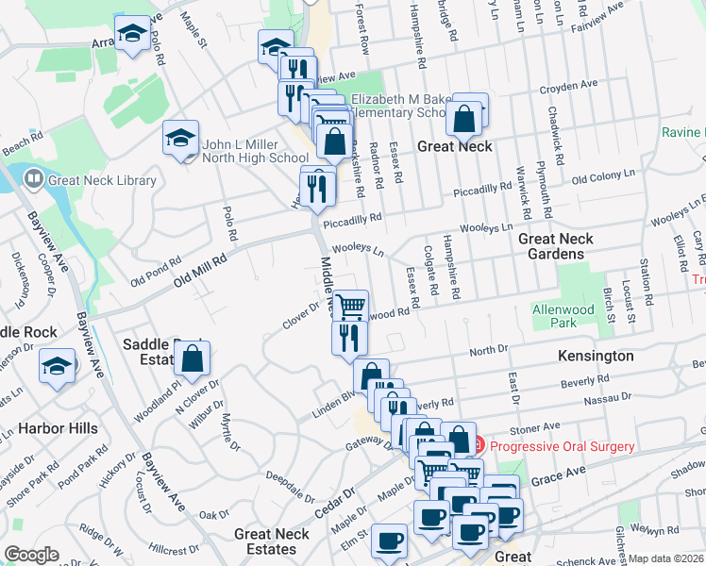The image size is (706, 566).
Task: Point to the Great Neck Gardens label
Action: point(556,246)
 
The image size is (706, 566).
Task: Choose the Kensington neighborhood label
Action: point(596,356)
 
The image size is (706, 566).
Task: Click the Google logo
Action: point(31,555)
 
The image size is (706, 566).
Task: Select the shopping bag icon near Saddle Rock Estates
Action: point(193,358)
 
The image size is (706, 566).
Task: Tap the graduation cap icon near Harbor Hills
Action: point(57,365)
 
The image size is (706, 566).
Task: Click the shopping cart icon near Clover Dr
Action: point(349,306)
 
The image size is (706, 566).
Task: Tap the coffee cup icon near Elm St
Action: point(389,541)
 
